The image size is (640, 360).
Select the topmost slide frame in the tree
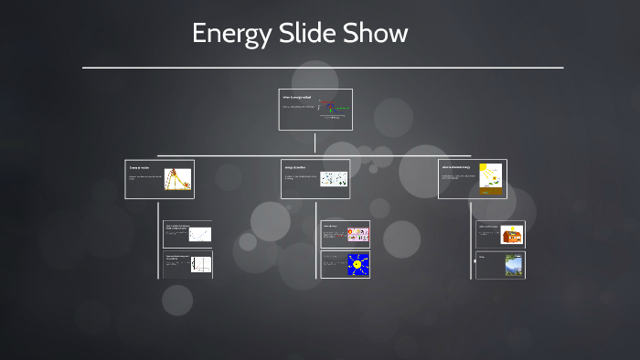(315, 110)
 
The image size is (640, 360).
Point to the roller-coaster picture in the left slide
(177, 180)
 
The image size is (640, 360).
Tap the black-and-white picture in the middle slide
(333, 179)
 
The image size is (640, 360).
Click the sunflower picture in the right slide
(491, 179)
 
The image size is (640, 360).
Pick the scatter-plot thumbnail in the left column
(199, 235)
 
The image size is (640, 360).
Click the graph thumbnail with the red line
(200, 265)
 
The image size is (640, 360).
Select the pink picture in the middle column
(357, 234)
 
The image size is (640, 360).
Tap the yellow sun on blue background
(357, 265)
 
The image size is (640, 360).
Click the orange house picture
(513, 236)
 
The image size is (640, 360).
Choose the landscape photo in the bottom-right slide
(513, 265)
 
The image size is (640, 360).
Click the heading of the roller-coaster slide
(139, 168)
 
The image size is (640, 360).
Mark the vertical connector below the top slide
(315, 143)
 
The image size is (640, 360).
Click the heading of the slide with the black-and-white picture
(295, 167)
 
